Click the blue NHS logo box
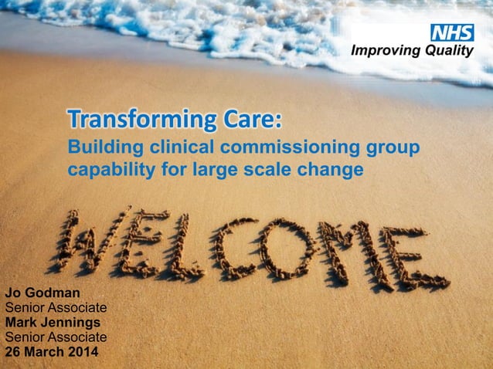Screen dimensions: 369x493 [x=451, y=33]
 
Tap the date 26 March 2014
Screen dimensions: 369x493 [x=52, y=353]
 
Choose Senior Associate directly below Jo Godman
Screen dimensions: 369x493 [x=56, y=309]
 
